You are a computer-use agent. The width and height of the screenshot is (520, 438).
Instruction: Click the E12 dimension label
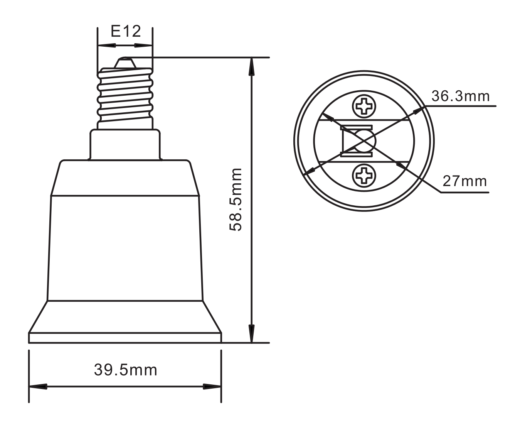(x=126, y=32)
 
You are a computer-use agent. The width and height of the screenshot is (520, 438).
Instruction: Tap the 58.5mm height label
(x=235, y=200)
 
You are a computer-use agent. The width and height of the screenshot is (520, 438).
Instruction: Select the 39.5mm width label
(x=126, y=370)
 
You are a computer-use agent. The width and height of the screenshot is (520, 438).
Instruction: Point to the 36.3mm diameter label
(x=460, y=96)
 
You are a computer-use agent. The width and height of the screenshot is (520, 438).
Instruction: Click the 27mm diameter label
(x=464, y=181)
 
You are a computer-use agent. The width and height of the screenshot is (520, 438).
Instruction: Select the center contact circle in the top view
(x=364, y=141)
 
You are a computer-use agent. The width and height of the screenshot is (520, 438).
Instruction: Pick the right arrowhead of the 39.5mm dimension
(x=212, y=386)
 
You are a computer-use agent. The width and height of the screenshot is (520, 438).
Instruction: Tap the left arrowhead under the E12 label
(x=106, y=46)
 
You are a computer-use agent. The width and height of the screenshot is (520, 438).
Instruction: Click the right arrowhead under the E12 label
(x=143, y=46)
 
